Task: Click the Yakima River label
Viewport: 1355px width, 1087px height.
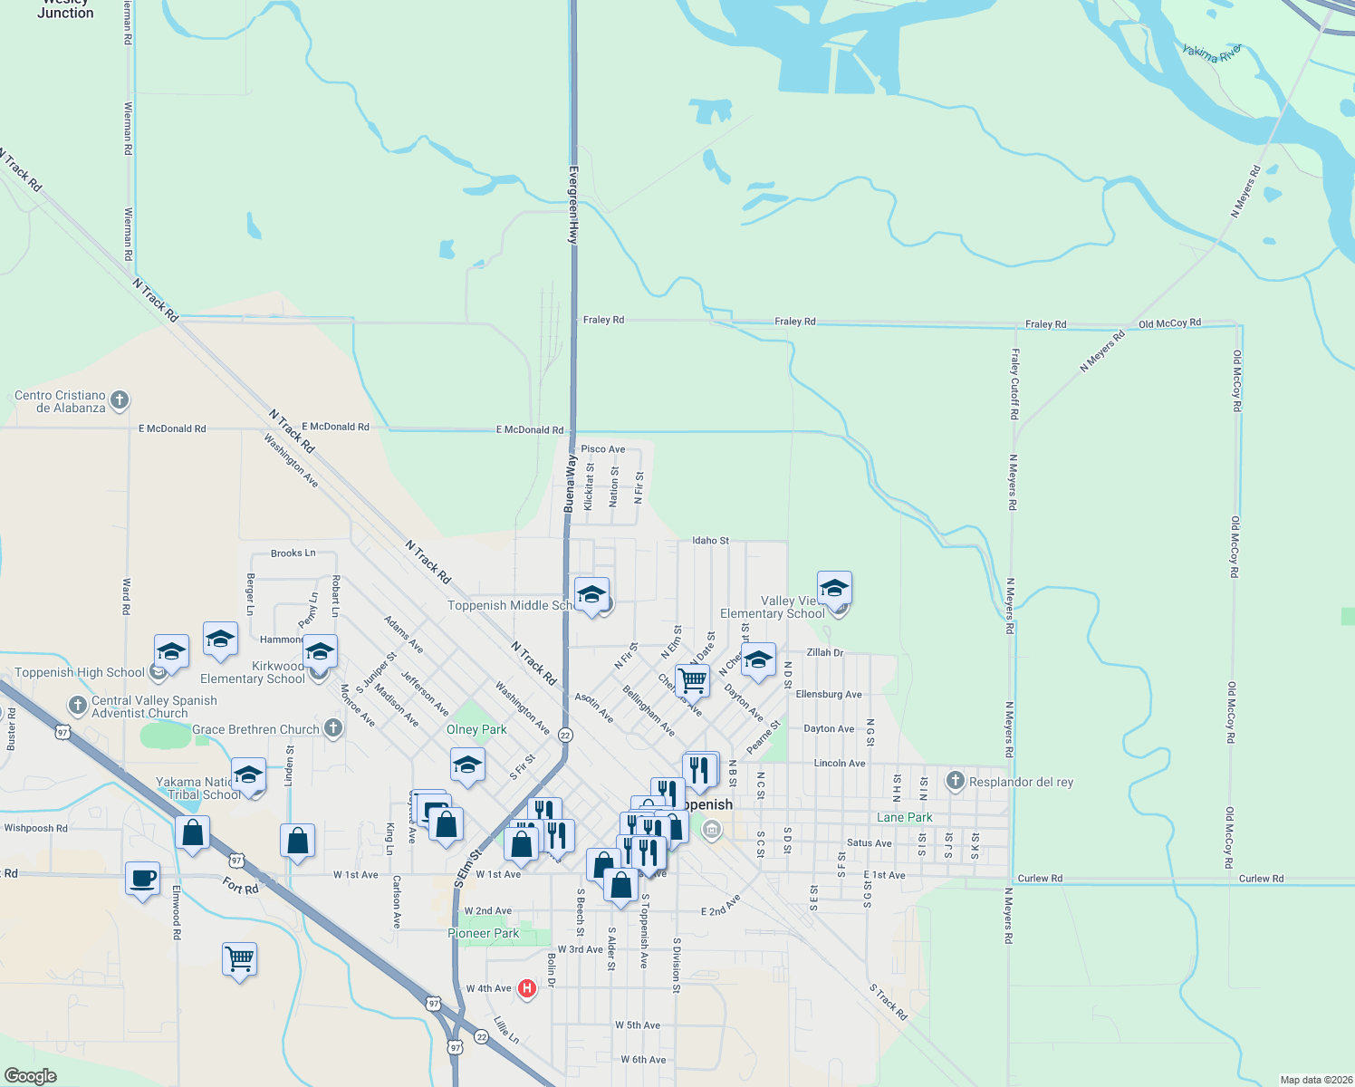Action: point(1212,53)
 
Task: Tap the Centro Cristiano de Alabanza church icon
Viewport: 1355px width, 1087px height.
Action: point(119,400)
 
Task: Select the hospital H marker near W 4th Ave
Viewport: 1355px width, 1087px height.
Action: point(526,989)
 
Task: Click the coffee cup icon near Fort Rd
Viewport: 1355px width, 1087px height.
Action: point(142,879)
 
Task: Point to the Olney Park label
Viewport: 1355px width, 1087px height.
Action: point(476,729)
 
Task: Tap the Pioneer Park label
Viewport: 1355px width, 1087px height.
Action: point(483,933)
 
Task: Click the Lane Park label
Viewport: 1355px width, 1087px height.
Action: point(904,817)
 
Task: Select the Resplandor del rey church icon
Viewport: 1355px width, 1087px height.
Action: point(956,781)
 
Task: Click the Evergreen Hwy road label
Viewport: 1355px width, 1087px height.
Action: point(572,204)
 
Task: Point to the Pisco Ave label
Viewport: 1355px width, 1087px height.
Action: point(602,449)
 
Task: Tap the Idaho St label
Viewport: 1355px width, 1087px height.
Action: point(710,541)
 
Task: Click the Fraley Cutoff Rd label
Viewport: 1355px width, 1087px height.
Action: point(1014,384)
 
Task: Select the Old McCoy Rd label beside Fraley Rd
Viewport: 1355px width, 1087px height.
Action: point(1169,323)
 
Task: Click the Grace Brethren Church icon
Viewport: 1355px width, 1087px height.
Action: point(333,728)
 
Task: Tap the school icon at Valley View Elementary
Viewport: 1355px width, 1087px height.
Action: point(834,589)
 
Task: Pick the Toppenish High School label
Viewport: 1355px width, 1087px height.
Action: point(80,672)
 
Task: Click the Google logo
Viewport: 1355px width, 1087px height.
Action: point(31,1075)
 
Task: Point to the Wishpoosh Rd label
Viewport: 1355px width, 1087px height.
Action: point(36,828)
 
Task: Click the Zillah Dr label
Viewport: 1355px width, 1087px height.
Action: point(824,652)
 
